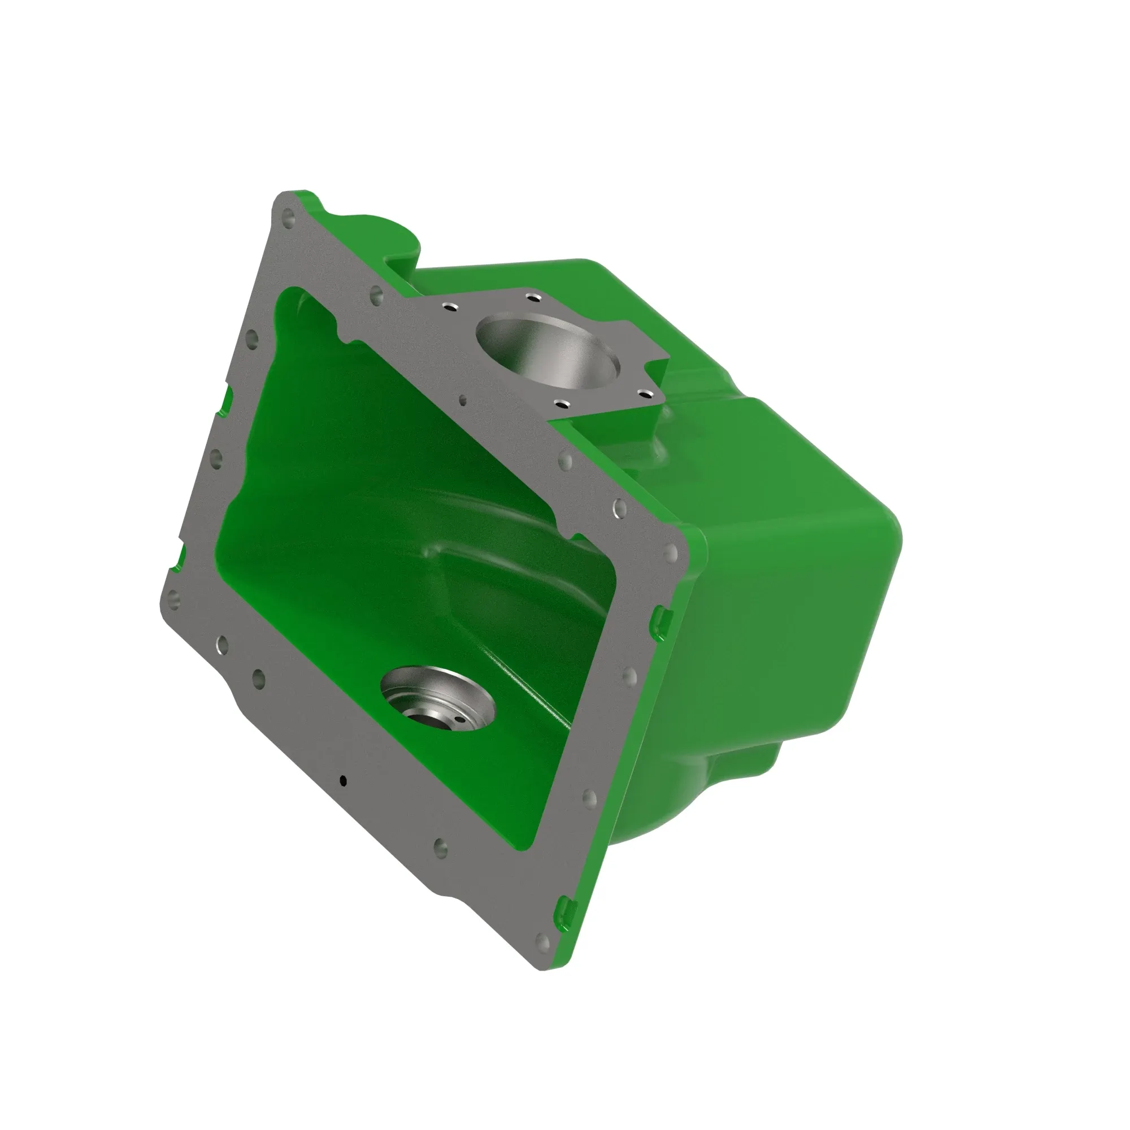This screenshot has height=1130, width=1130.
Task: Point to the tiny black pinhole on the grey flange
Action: point(344,780)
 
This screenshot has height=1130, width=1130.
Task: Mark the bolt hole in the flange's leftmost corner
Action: point(172,598)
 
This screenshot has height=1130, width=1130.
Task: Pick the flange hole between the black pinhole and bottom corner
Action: point(441,847)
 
